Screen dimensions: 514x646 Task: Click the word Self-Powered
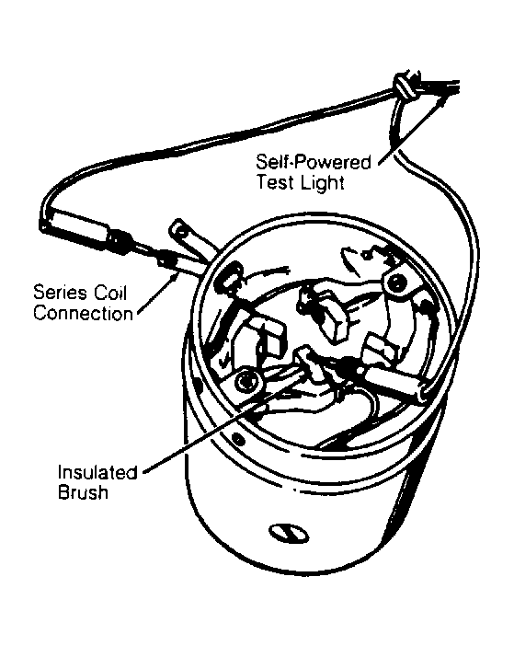point(313,162)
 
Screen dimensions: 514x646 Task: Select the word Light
point(322,182)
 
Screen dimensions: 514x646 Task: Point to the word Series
point(60,293)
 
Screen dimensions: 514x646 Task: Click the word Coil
point(110,293)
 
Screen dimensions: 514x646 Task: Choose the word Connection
point(83,314)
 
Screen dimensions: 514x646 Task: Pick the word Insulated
point(97,472)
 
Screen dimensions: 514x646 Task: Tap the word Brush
point(83,492)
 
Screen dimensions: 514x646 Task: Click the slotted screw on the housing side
point(289,533)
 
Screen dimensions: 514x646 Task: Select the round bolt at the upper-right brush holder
point(396,282)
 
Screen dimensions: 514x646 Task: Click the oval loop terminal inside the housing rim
point(234,276)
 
